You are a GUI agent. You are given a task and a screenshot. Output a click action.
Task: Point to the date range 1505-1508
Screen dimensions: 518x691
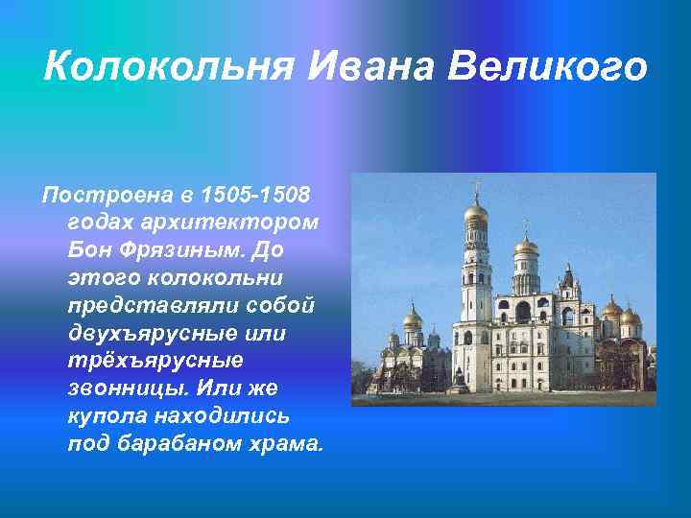(x=256, y=196)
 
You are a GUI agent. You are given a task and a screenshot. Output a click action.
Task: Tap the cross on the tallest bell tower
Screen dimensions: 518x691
(x=475, y=186)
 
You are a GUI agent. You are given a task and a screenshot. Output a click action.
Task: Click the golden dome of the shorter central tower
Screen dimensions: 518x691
(x=526, y=247)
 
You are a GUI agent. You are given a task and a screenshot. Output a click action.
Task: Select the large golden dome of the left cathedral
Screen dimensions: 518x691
(x=413, y=319)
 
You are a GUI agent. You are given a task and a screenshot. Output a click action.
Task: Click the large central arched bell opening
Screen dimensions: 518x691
(x=523, y=313)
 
